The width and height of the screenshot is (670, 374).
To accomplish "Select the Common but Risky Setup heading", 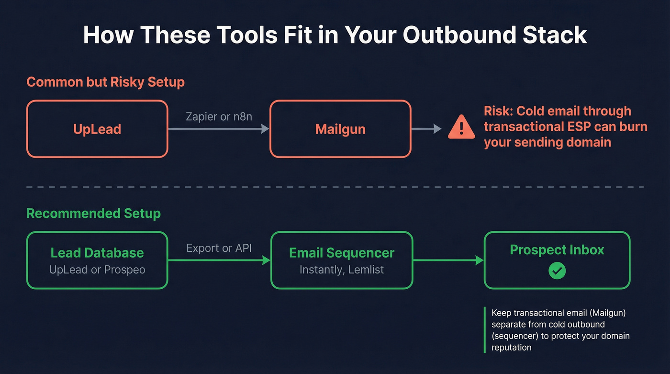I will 105,82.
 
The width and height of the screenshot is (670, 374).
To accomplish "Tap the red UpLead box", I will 97,129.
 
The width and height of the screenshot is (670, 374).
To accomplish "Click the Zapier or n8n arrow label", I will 219,116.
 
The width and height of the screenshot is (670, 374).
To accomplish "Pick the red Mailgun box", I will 340,129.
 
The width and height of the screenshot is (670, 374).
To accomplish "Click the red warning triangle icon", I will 461,128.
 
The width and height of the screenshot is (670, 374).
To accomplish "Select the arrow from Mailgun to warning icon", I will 426,128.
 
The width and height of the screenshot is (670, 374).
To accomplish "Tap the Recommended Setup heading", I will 93,213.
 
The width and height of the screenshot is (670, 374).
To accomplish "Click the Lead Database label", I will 97,253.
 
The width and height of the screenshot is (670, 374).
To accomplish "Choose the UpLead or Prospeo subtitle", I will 97,270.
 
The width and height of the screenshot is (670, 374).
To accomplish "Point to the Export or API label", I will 219,248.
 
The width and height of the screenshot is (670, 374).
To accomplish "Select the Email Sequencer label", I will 342,253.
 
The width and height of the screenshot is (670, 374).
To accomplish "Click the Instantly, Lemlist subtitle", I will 342,270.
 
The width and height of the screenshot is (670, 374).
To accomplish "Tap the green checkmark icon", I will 557,271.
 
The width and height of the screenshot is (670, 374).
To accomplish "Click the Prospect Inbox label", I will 557,250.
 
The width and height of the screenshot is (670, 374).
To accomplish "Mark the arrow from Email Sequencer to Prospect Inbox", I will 448,261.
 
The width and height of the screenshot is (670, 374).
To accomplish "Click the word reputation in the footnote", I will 511,347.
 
